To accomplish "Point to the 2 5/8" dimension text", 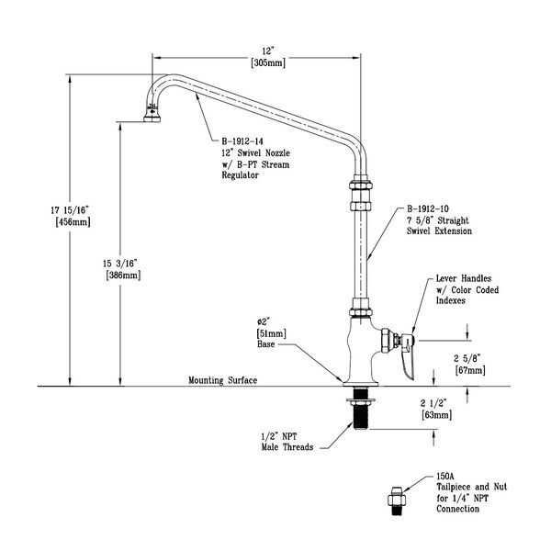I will click(x=469, y=359).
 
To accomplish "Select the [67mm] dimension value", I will click(x=470, y=370).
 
